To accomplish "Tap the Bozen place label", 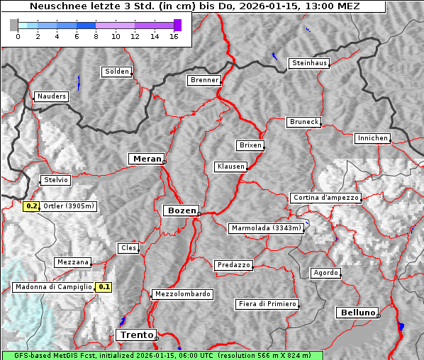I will (181, 210).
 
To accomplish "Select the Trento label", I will (135, 334).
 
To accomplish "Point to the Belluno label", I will (357, 312).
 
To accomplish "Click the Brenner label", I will (204, 80).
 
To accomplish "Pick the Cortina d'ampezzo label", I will (325, 198).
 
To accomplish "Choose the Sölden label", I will (117, 72).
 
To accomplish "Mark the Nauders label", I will (52, 96).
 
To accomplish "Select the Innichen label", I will (372, 138).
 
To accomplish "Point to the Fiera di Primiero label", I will (267, 304).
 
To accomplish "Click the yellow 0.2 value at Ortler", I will (31, 206).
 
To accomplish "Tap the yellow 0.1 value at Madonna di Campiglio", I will (104, 287).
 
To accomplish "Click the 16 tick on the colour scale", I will (174, 36).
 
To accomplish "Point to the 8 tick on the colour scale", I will (96, 36).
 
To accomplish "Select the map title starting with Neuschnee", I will (195, 6).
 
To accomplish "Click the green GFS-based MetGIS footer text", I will (162, 355).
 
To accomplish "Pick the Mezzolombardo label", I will (182, 294).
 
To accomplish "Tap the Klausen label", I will (230, 167).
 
